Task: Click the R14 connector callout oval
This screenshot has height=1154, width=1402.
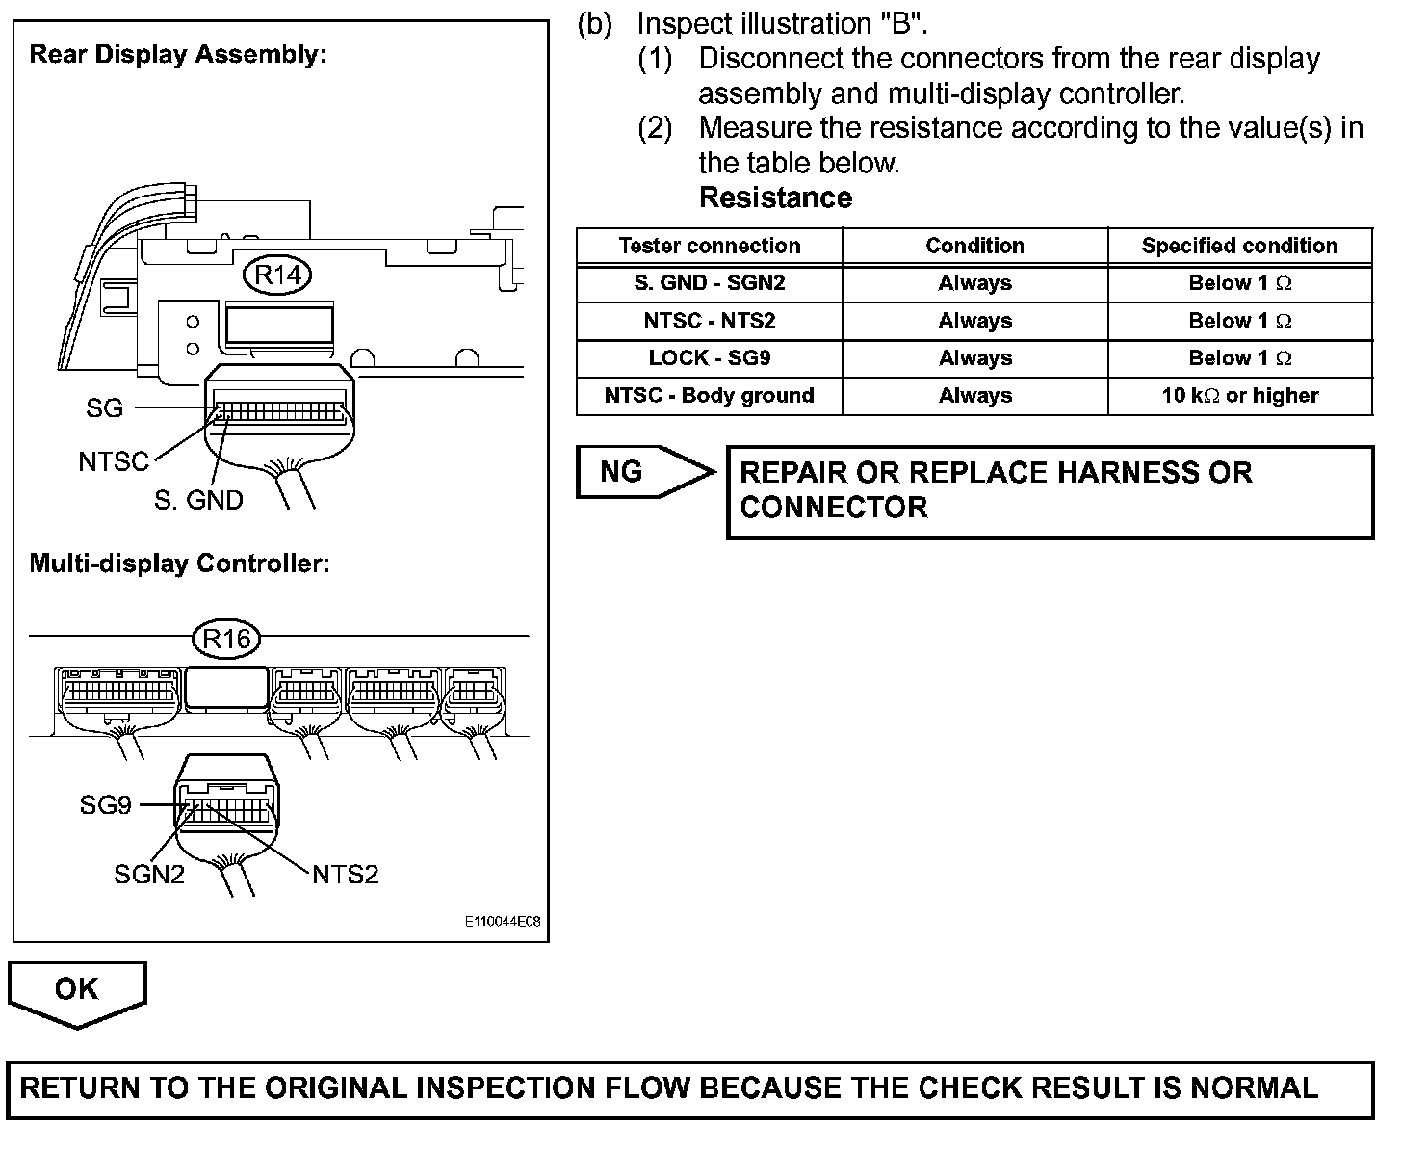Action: pyautogui.click(x=277, y=275)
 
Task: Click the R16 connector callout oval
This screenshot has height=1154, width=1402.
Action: pyautogui.click(x=227, y=638)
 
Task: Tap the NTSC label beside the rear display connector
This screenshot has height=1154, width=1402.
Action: pyautogui.click(x=114, y=462)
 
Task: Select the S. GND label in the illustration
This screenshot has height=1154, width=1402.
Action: pyautogui.click(x=198, y=500)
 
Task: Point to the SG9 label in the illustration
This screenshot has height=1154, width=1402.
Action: pyautogui.click(x=105, y=804)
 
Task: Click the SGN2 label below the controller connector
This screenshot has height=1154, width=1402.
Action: pyautogui.click(x=148, y=874)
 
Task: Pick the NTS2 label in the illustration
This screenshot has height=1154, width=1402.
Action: pyautogui.click(x=346, y=874)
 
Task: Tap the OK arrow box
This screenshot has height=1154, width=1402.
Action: pyautogui.click(x=77, y=991)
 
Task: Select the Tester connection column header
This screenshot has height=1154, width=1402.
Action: pyautogui.click(x=709, y=246)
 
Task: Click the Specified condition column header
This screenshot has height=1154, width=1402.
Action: pyautogui.click(x=1239, y=246)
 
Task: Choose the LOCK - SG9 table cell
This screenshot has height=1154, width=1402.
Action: pyautogui.click(x=709, y=358)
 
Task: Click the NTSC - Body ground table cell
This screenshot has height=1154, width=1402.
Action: pyautogui.click(x=709, y=396)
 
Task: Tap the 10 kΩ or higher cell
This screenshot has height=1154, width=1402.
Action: pyautogui.click(x=1239, y=396)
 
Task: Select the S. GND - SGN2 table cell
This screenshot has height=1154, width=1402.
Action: pyautogui.click(x=709, y=283)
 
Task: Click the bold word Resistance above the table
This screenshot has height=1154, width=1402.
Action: pyautogui.click(x=775, y=197)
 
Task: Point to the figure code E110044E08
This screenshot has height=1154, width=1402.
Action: pyautogui.click(x=503, y=922)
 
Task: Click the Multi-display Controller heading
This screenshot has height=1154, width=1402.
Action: pyautogui.click(x=179, y=564)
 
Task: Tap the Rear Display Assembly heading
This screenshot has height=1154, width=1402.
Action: pyautogui.click(x=178, y=54)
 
